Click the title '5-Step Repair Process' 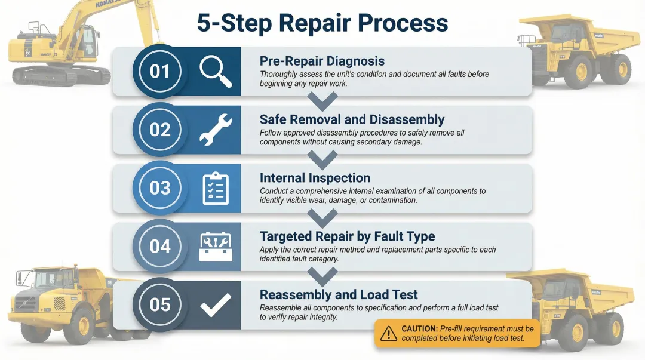tap(322, 23)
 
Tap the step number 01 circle tap(159, 72)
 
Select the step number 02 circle tap(159, 130)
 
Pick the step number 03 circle tap(159, 188)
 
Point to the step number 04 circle tap(159, 246)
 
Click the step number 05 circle tap(159, 304)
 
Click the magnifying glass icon tap(215, 72)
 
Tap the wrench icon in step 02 tap(215, 130)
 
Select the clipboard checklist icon tap(215, 188)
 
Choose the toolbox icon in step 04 tap(215, 247)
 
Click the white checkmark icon tap(215, 304)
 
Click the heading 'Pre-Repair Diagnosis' tap(322, 61)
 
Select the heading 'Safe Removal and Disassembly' tap(352, 119)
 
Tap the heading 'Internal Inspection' tap(315, 178)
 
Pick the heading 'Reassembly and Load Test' tap(339, 294)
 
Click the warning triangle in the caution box tap(389, 333)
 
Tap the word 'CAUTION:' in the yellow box tap(419, 329)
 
